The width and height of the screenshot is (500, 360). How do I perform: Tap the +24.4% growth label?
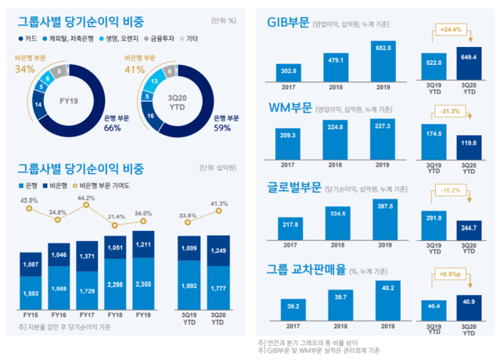tap(451, 31)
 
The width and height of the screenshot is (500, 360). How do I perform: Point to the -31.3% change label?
tap(451, 110)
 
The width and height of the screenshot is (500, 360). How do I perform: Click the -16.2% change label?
tap(451, 190)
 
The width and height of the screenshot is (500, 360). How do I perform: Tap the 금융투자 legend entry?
tap(162, 37)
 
